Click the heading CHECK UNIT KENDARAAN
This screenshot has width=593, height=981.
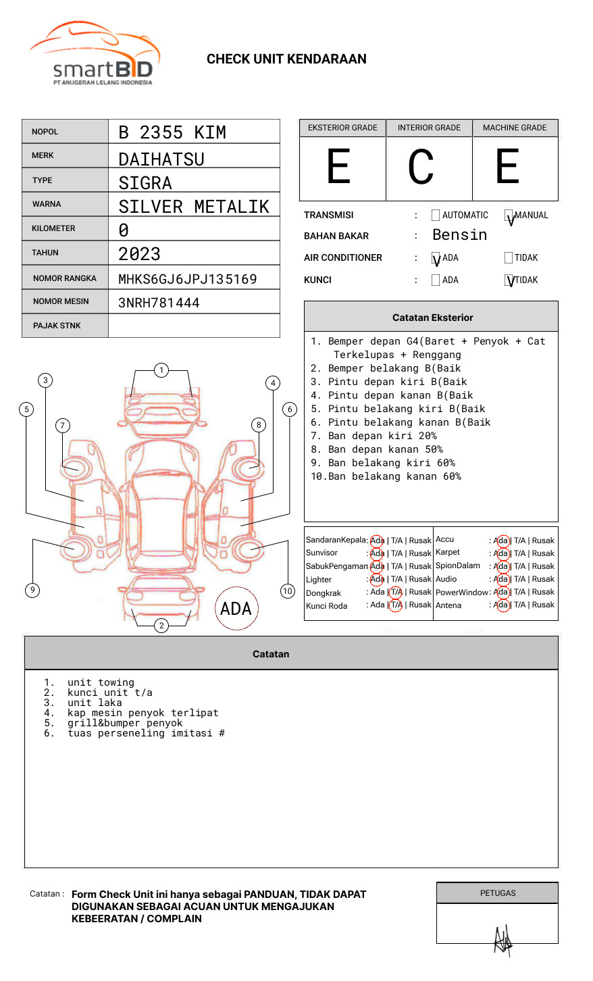coord(286,59)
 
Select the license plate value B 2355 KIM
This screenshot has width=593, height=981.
coord(172,132)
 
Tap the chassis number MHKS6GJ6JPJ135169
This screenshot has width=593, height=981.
coord(187,279)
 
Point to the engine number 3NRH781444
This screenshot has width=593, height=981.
coord(159,303)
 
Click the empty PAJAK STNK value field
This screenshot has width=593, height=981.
coord(194,326)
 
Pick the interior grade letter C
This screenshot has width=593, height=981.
coord(421,167)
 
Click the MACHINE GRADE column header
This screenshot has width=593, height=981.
coord(515,128)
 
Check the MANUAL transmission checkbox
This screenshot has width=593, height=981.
coord(509,216)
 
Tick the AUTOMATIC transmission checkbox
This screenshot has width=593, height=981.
coord(436,216)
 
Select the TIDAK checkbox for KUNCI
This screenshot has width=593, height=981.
coord(509,280)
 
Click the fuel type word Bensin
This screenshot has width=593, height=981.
coord(459,235)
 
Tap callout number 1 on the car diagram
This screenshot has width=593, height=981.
coord(161,370)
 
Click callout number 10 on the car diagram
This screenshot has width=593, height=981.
coord(288,591)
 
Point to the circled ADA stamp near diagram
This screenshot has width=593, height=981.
coord(236,609)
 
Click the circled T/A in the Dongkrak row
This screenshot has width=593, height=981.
coord(396,593)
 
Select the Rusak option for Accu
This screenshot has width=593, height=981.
coord(543,540)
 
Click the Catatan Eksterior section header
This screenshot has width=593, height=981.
coord(432,318)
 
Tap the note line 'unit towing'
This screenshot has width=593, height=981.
coord(101,682)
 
